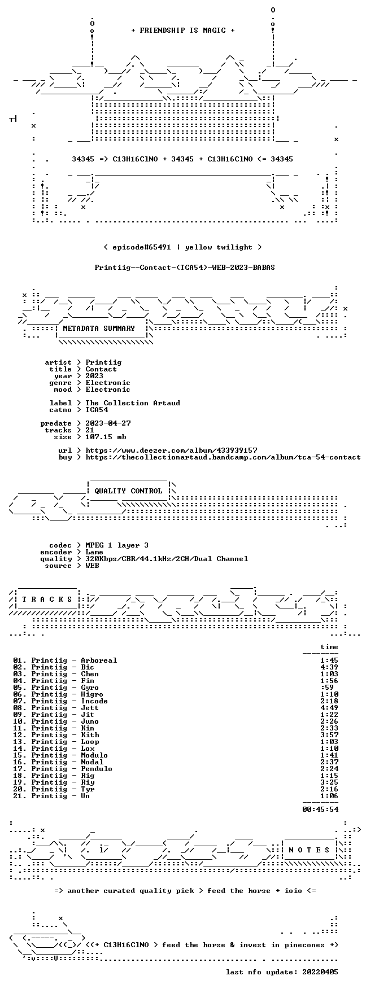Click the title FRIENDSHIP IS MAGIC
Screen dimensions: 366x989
coord(182,30)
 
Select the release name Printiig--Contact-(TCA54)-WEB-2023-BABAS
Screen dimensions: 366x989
coord(185,268)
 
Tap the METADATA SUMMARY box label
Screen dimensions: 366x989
coord(99,329)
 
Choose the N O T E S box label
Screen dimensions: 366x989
coord(309,850)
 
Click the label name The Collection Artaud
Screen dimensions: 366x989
coord(133,403)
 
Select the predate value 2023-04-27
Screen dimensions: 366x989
coord(108,423)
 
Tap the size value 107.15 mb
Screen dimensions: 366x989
coord(106,437)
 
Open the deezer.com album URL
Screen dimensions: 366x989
coord(171,450)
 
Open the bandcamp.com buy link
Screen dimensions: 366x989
coord(223,457)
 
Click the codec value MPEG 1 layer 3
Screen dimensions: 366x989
coord(117,545)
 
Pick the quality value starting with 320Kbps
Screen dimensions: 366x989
coord(167,559)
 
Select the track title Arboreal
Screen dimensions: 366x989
coord(99,660)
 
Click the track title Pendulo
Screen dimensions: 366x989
coord(97,769)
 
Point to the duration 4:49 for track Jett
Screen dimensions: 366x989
coord(329,708)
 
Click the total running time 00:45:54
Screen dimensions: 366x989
coord(320,809)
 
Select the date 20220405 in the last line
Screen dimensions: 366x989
coord(320,972)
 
